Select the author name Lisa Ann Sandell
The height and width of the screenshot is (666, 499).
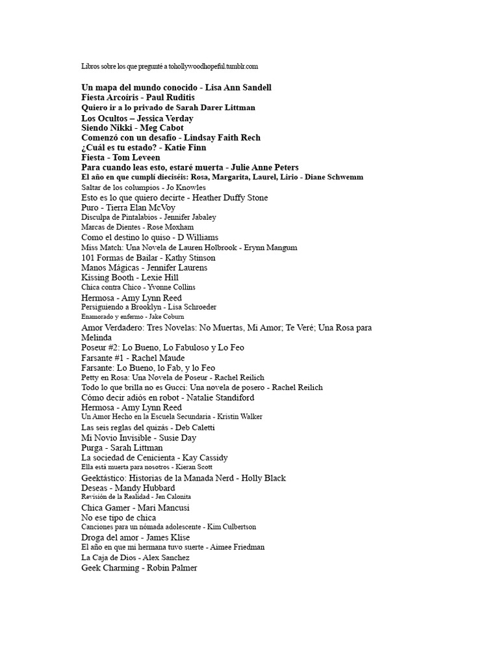(238, 87)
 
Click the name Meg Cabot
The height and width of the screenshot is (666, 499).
(162, 128)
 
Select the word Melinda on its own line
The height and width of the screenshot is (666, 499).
(97, 338)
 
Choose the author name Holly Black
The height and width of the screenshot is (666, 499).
(263, 478)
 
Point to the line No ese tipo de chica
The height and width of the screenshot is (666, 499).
(119, 517)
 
